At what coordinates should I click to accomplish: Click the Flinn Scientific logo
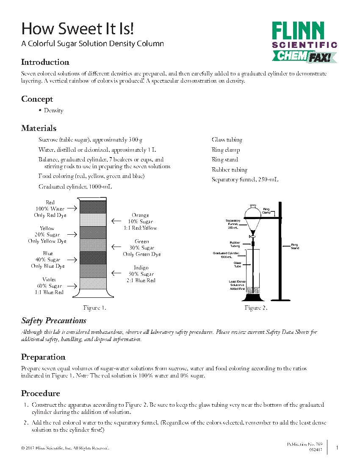tap(304, 42)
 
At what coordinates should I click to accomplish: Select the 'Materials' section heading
tap(39, 128)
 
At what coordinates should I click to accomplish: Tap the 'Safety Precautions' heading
tap(54, 320)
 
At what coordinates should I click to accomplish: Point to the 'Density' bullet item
tap(53, 111)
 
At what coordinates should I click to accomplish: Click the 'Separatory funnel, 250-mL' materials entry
tap(245, 180)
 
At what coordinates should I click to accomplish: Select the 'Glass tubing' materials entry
tap(227, 140)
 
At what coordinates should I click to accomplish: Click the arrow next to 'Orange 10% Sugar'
tap(116, 221)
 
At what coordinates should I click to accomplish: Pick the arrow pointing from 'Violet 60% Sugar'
tap(72, 286)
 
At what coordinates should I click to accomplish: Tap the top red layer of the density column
tap(93, 207)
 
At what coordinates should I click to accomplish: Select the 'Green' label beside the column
tap(141, 241)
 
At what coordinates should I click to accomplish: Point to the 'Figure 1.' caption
tap(94, 308)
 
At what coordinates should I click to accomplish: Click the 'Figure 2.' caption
tap(256, 308)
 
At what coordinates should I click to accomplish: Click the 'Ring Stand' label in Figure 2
tap(295, 246)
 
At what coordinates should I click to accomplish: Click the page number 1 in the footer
tap(337, 447)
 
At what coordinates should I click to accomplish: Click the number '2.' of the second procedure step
tap(26, 423)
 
